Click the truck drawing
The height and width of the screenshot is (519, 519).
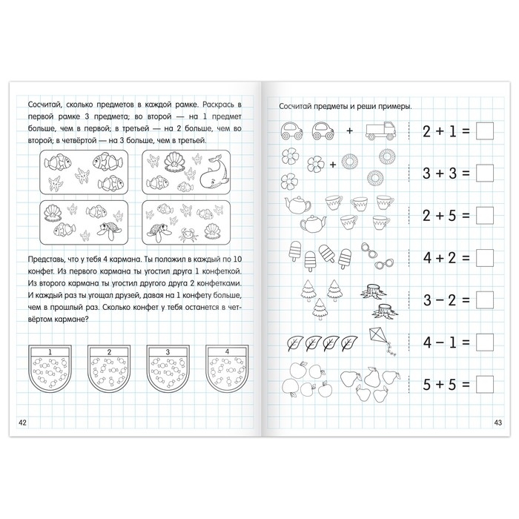click(x=380, y=130)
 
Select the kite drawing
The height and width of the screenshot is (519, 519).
click(x=382, y=341)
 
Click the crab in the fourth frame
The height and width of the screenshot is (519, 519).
click(x=188, y=235)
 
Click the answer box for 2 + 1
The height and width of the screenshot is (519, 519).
click(x=485, y=131)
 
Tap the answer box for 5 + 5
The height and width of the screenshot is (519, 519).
click(x=485, y=384)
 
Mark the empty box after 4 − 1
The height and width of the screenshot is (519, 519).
click(x=485, y=342)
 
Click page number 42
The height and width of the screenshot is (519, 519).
click(x=22, y=423)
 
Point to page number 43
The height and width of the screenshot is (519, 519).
click(x=497, y=423)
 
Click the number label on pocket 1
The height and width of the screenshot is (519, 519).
click(x=50, y=352)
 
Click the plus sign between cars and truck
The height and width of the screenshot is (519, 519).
click(x=349, y=130)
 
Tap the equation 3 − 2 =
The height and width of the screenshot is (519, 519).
click(x=446, y=300)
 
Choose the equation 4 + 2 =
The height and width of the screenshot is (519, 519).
click(x=446, y=258)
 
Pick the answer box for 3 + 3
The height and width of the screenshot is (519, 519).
click(x=485, y=173)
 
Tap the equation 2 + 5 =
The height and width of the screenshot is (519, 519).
click(x=446, y=216)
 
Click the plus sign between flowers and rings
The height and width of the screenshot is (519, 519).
click(x=333, y=164)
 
